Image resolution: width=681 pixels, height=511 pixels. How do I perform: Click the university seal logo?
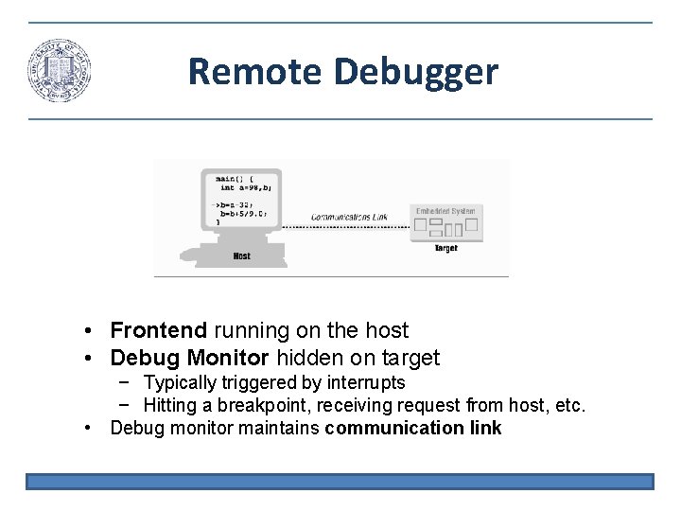coord(60,71)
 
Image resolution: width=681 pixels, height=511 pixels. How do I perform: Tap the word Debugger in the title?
coord(415,71)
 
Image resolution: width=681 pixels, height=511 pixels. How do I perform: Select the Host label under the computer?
coord(241,256)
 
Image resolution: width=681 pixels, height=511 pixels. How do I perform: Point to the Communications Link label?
coord(349,217)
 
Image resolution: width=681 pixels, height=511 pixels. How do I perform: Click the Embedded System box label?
coord(445,210)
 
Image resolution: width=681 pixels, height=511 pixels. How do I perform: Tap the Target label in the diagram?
coord(445,248)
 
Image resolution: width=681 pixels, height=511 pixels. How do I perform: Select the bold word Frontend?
coord(158,330)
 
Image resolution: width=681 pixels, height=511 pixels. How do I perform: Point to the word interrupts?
coord(366,382)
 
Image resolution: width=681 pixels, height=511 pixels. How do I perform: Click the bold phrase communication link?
coord(412,429)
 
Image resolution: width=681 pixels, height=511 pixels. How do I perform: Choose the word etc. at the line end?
coord(570,406)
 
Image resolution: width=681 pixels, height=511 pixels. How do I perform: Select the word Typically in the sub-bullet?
coord(180,382)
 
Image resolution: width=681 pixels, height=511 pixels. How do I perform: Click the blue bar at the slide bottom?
coord(340,482)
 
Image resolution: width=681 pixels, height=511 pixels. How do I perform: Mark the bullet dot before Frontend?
coord(86,331)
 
